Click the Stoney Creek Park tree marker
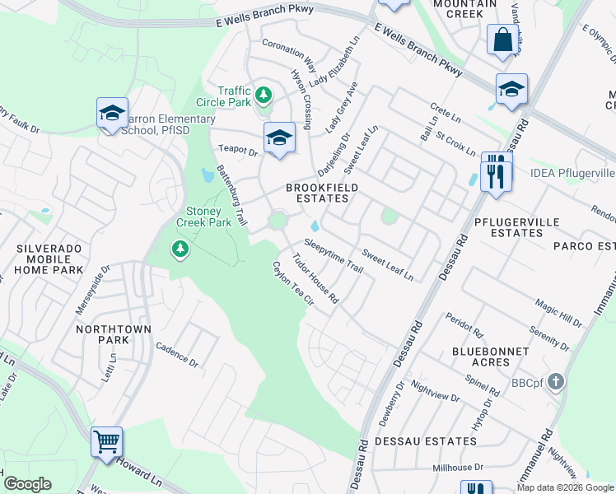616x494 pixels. tap(180, 248)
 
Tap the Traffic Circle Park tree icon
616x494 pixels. tap(264, 96)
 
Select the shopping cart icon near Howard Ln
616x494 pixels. tap(107, 442)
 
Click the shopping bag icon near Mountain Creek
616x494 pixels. tap(502, 40)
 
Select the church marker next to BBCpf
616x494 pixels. tap(556, 381)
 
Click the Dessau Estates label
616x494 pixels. tap(425, 441)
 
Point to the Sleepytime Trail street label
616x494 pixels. tap(334, 255)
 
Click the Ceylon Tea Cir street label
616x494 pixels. tap(294, 284)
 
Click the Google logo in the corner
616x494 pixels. tap(28, 484)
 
